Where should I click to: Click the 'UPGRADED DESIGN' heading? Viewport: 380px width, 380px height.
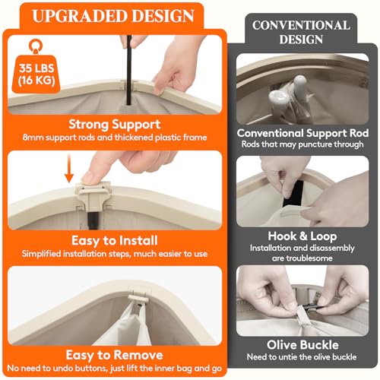point(113,16)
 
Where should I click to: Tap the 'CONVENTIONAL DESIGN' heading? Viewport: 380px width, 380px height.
point(301,32)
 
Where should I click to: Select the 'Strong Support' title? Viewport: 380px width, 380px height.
point(115,125)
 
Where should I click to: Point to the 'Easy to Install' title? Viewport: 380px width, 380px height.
point(115,240)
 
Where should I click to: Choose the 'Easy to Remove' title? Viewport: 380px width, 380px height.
point(115,355)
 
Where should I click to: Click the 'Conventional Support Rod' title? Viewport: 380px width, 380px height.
point(302,133)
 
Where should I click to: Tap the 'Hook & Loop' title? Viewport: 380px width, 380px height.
point(302,236)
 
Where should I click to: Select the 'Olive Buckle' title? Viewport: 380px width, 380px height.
point(302,345)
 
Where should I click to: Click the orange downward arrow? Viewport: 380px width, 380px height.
point(68,169)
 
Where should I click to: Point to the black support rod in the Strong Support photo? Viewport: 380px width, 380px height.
point(129,70)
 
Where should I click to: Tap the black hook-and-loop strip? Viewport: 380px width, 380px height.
point(293,193)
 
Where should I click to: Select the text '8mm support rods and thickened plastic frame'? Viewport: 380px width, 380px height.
point(115,138)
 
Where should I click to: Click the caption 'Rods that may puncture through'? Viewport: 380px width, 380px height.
point(302,144)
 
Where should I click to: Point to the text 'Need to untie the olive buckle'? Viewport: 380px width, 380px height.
point(302,357)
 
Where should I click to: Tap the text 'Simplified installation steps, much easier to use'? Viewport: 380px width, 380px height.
point(115,254)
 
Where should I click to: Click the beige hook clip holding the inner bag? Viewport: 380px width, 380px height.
point(138,298)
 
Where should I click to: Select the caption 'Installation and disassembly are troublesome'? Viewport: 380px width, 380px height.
point(302,253)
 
